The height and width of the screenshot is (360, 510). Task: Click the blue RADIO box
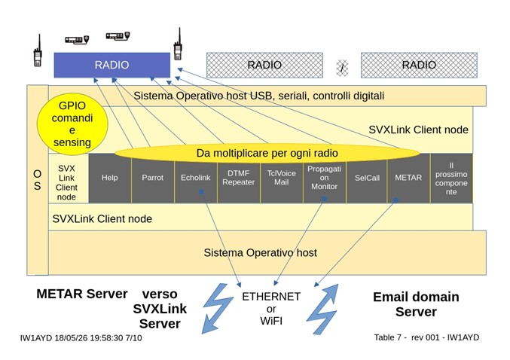112,65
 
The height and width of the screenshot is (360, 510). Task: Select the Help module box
110,178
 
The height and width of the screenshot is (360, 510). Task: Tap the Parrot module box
153,178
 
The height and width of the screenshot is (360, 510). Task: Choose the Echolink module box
196,178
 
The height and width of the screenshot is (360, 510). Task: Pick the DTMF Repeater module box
239,178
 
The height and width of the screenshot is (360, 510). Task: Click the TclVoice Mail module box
282,178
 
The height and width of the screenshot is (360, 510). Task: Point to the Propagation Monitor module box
324,178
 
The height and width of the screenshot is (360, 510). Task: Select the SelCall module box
367,178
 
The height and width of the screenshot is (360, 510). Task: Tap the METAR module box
408,178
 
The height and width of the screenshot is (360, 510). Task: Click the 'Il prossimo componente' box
451,178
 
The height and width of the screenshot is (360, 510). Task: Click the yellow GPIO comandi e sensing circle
72,124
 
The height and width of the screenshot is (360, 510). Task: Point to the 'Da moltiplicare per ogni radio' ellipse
267,153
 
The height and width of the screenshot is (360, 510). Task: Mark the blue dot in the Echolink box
202,192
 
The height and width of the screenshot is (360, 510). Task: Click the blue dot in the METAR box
395,200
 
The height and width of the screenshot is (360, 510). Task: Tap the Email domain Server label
416,304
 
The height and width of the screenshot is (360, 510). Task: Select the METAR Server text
82,294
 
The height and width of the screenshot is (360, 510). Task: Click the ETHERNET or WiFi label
271,309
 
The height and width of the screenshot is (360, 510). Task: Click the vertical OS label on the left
38,180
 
